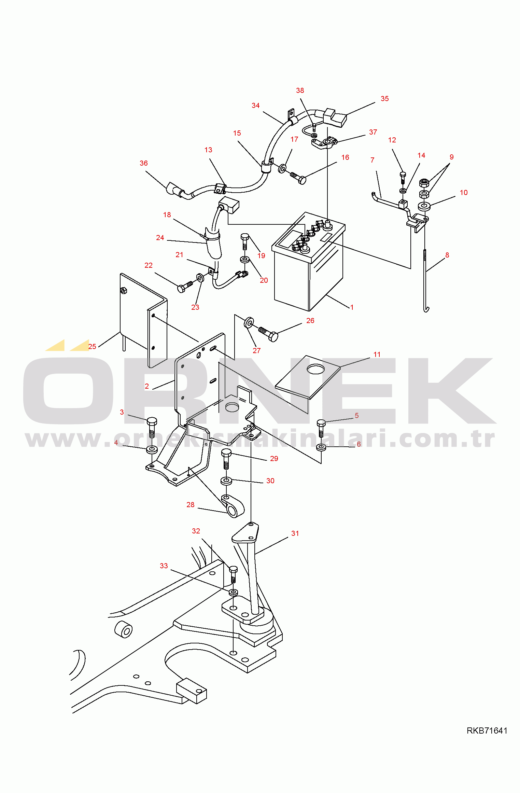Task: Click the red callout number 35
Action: [384, 99]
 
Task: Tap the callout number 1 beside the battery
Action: [352, 307]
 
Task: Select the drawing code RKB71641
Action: [487, 731]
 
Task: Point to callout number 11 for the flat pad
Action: [377, 354]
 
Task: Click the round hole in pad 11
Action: [315, 369]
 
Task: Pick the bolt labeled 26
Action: [268, 333]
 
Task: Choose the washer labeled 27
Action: [249, 322]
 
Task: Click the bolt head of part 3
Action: [152, 421]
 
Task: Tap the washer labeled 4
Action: [152, 449]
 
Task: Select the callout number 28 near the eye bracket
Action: [191, 505]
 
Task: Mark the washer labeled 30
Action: [226, 481]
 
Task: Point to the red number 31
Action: [295, 533]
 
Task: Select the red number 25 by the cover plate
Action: [92, 347]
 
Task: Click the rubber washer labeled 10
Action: [424, 206]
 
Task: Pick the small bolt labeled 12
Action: [403, 179]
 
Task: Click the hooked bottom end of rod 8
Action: [426, 309]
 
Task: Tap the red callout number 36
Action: [144, 163]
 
